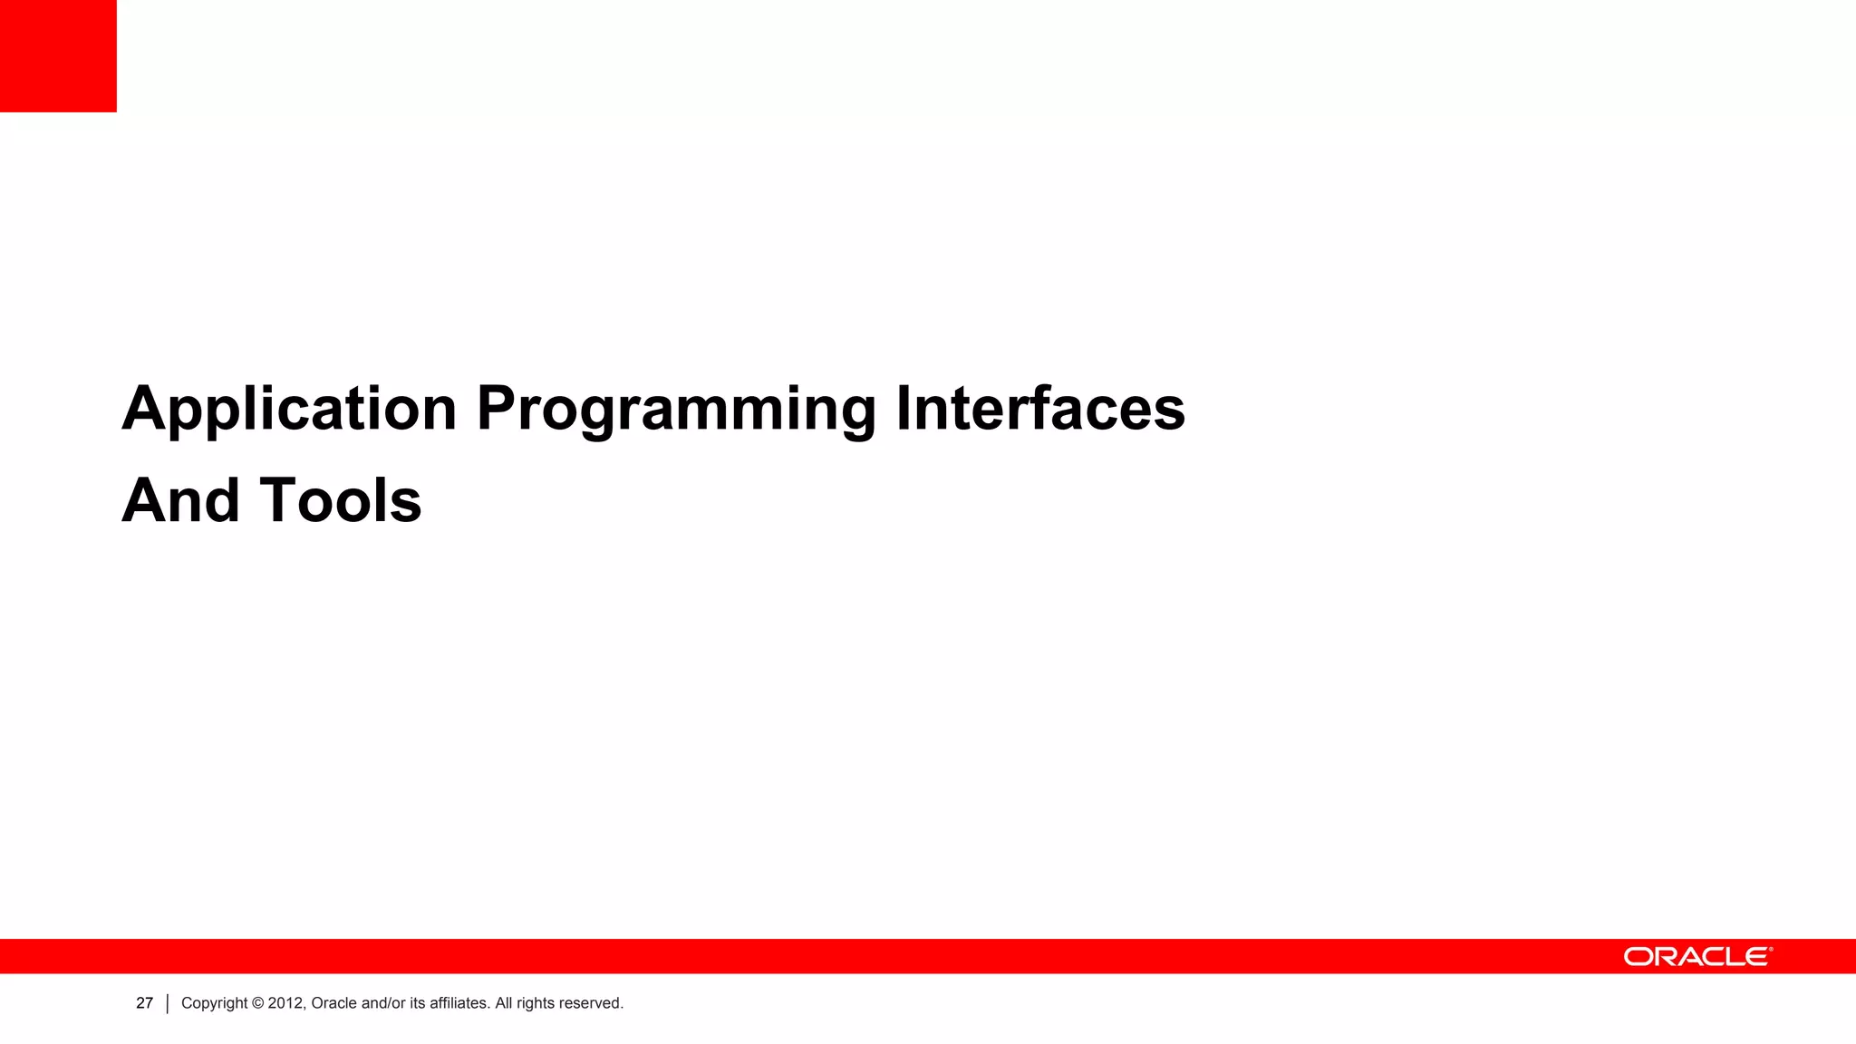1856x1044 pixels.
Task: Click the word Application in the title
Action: click(x=288, y=410)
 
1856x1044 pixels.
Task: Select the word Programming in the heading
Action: click(x=676, y=410)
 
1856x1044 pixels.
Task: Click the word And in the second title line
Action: click(x=180, y=501)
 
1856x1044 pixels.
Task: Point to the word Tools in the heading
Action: click(x=341, y=501)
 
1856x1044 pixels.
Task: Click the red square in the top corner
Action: click(x=58, y=55)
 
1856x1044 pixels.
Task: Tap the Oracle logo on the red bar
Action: click(x=1695, y=957)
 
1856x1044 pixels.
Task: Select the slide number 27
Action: click(x=144, y=1003)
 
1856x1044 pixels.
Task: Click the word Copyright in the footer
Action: click(x=214, y=1003)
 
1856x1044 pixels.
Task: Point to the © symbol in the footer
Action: click(x=257, y=1003)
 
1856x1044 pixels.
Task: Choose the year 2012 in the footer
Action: click(x=286, y=1003)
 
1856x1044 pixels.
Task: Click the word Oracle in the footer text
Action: click(x=333, y=1003)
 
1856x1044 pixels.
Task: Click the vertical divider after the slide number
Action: click(x=168, y=1004)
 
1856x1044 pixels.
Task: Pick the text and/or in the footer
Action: click(x=383, y=1003)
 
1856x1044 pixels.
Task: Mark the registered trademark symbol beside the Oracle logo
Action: click(x=1771, y=950)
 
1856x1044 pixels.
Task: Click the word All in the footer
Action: click(x=503, y=1003)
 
